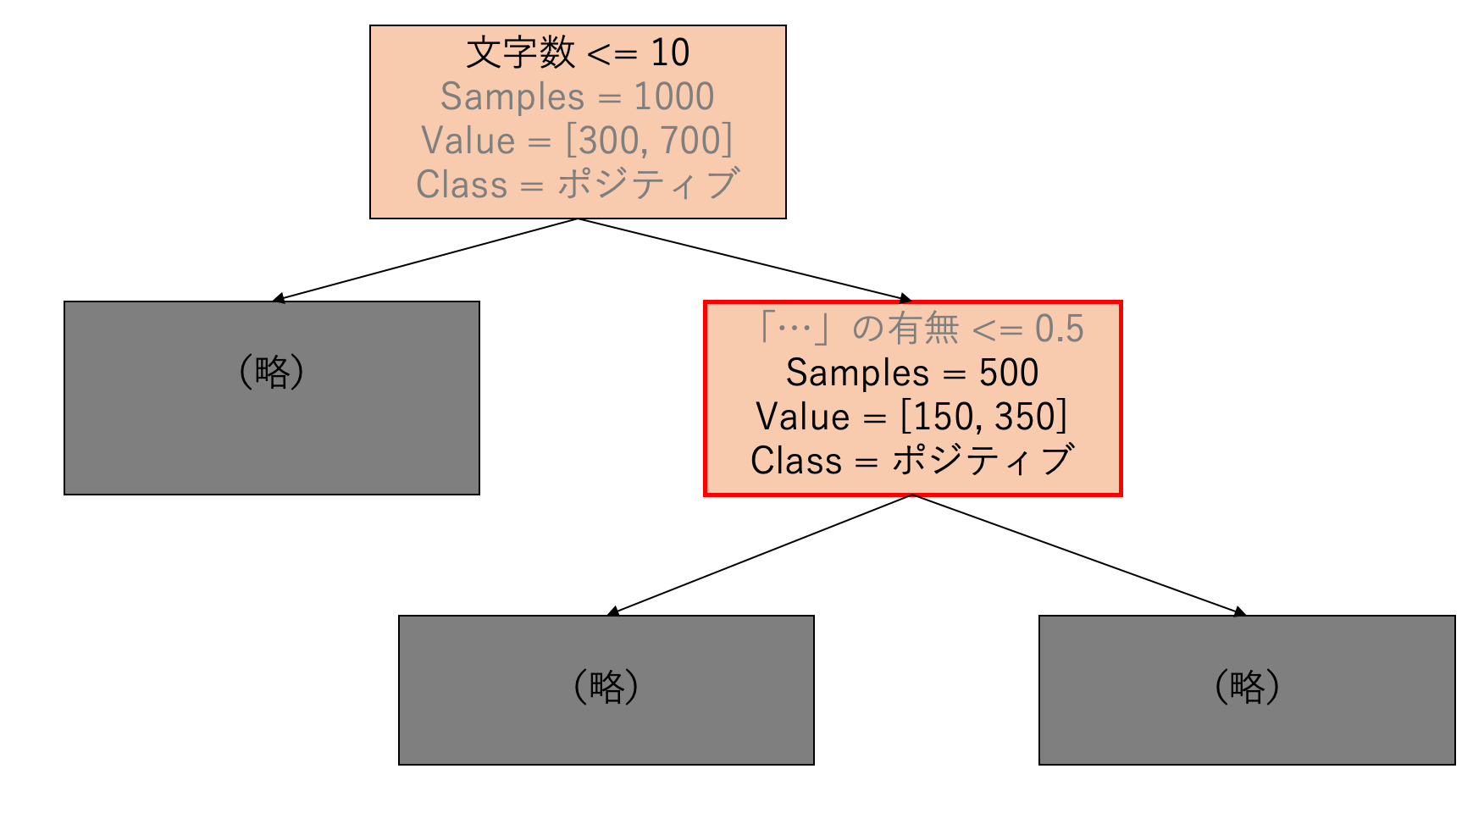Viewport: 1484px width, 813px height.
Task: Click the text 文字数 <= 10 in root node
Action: pos(578,53)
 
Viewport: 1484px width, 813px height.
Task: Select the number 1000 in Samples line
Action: pos(674,97)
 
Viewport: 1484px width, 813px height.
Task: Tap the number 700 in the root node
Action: pos(690,141)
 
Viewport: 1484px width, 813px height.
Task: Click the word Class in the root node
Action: pos(462,185)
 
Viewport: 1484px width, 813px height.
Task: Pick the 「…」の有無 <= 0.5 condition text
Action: pos(919,329)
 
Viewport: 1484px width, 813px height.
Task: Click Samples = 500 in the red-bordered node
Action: pos(912,373)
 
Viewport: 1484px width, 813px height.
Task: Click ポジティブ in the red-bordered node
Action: pos(983,461)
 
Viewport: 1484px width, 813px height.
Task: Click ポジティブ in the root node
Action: pos(649,185)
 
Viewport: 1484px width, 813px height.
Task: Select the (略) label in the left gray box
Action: pos(272,371)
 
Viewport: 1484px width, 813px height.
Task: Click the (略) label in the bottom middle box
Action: pos(606,686)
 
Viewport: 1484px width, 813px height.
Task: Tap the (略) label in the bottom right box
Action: pos(1247,686)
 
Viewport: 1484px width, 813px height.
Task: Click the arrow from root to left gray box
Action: pos(424,260)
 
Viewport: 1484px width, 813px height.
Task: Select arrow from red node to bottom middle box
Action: pos(760,555)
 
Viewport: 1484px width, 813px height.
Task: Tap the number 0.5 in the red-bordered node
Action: pos(1060,329)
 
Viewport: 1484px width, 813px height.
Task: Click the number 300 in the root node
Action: pos(603,141)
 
